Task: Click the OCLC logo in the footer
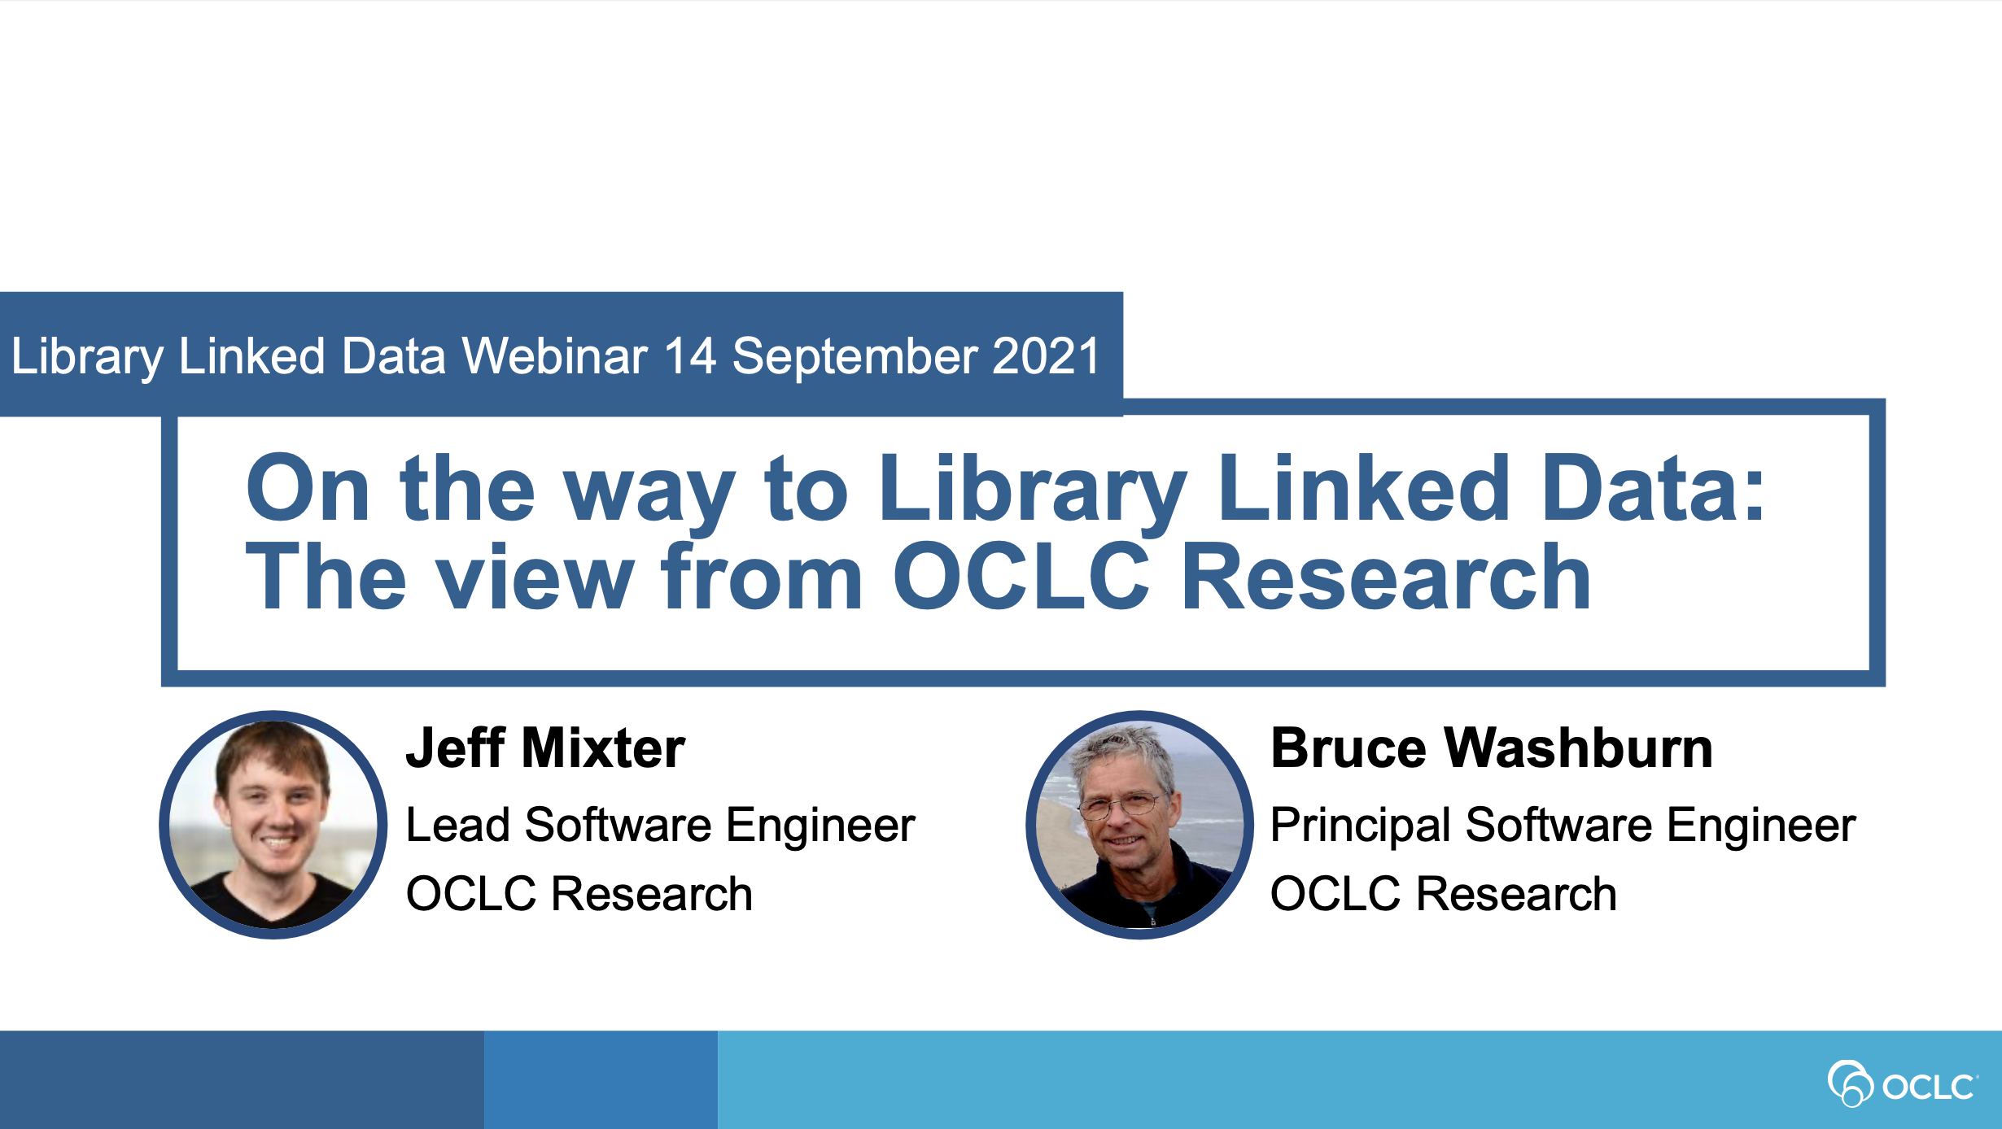point(1903,1083)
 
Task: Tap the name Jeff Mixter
point(545,748)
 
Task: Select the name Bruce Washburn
point(1492,748)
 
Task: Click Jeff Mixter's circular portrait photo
point(273,825)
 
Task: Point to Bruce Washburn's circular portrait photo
point(1139,825)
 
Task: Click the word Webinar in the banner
point(555,356)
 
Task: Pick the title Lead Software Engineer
point(661,826)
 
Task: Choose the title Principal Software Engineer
point(1563,826)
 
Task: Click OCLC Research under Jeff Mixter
point(579,894)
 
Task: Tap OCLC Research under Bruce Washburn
point(1444,894)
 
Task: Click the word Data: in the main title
point(1653,487)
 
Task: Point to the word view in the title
point(535,577)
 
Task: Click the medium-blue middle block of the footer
point(601,1079)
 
